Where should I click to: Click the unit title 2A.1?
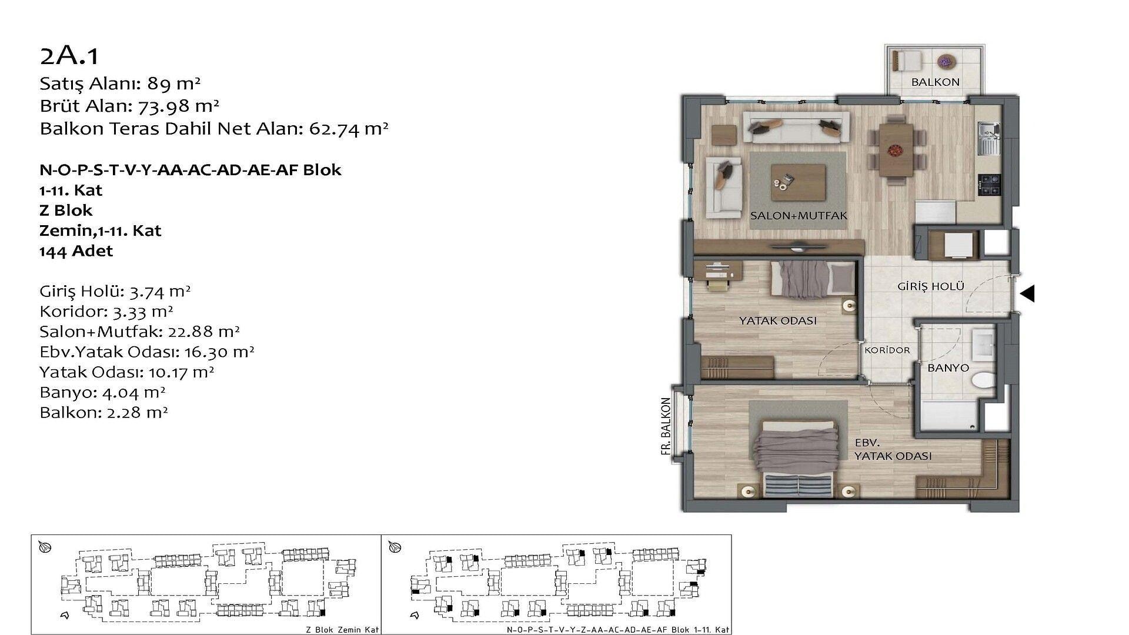tap(69, 56)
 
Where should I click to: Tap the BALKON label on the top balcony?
tap(935, 82)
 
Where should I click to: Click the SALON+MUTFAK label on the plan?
tap(799, 216)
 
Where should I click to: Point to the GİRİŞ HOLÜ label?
tap(931, 286)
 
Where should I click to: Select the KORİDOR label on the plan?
tap(887, 350)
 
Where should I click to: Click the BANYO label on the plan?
tap(948, 368)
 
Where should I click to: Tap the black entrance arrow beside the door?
tap(1027, 293)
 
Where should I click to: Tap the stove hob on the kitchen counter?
tap(989, 185)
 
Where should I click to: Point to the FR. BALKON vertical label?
tap(666, 426)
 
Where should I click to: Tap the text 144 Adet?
tap(76, 251)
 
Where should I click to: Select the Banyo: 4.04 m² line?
tap(102, 392)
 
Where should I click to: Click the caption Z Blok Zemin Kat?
tap(342, 630)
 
